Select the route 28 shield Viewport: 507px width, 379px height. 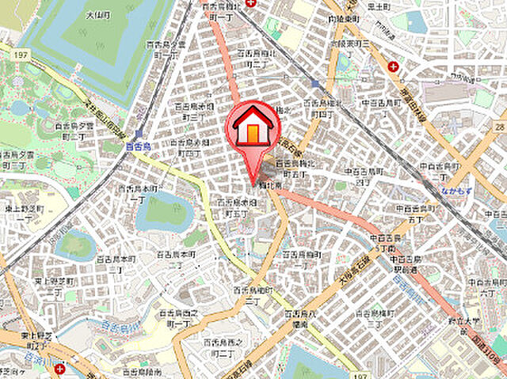(499, 127)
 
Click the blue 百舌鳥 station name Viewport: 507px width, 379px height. (137, 146)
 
